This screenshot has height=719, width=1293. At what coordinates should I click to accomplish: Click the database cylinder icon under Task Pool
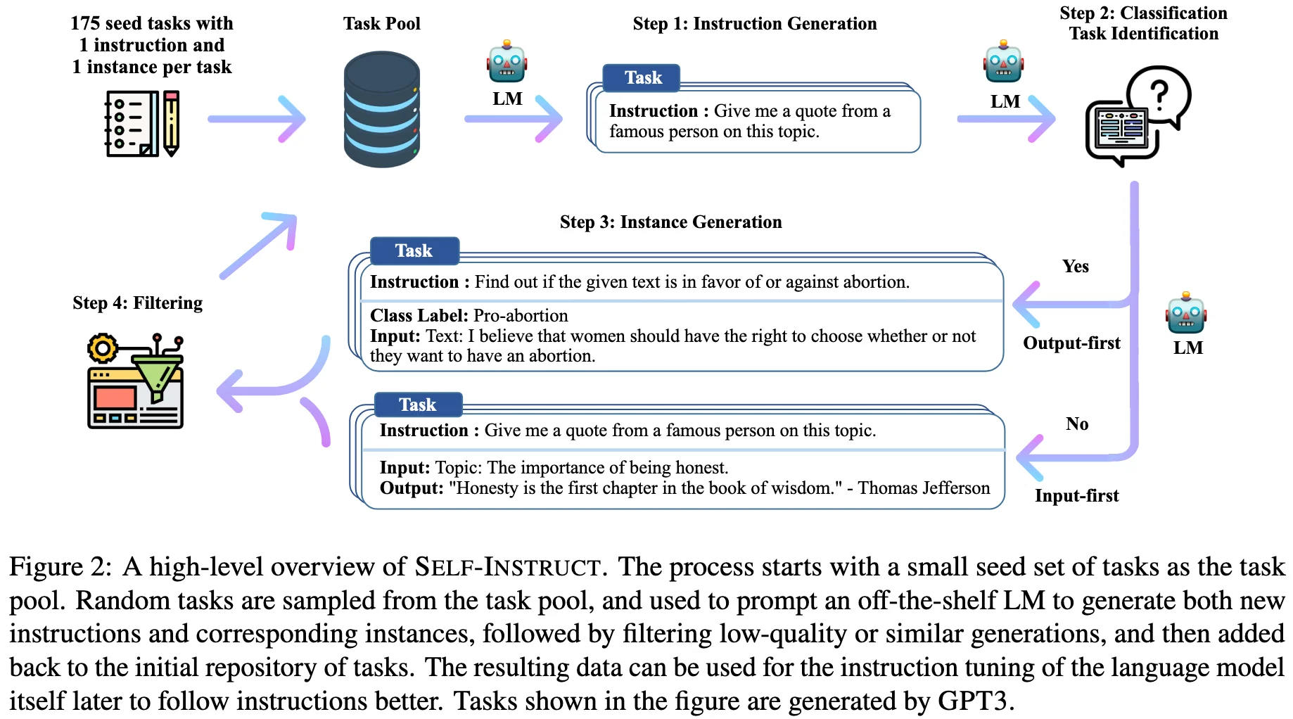click(x=381, y=109)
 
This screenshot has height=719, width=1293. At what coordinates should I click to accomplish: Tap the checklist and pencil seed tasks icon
click(x=142, y=123)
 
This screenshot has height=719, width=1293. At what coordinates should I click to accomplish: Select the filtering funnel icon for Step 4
click(x=136, y=381)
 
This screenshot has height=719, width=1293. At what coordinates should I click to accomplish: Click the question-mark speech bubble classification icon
click(x=1138, y=116)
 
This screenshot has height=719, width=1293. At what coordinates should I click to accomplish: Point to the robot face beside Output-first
click(x=1186, y=313)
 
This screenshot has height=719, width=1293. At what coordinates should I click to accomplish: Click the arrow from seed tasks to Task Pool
click(x=257, y=118)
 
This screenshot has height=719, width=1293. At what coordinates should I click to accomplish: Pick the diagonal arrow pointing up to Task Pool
click(x=258, y=246)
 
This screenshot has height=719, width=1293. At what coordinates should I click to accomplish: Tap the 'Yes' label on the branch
click(x=1075, y=267)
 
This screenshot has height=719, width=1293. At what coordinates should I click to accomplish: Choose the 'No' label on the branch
click(x=1076, y=424)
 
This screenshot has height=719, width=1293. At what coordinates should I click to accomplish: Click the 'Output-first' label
click(x=1071, y=343)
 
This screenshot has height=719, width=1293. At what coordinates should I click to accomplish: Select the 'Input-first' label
click(x=1076, y=496)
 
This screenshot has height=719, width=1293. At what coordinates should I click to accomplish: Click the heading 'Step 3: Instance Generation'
click(x=670, y=222)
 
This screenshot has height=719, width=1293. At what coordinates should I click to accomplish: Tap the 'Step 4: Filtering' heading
click(x=137, y=303)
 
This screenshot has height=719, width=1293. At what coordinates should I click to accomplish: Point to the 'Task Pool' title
click(x=381, y=24)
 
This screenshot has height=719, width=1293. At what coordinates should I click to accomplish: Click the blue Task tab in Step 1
click(x=642, y=78)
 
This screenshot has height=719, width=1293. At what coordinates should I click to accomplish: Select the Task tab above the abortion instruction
click(x=414, y=251)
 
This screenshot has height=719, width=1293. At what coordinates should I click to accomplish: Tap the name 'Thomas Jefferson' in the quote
click(x=923, y=488)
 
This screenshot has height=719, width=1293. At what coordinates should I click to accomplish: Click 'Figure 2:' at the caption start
click(x=60, y=567)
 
